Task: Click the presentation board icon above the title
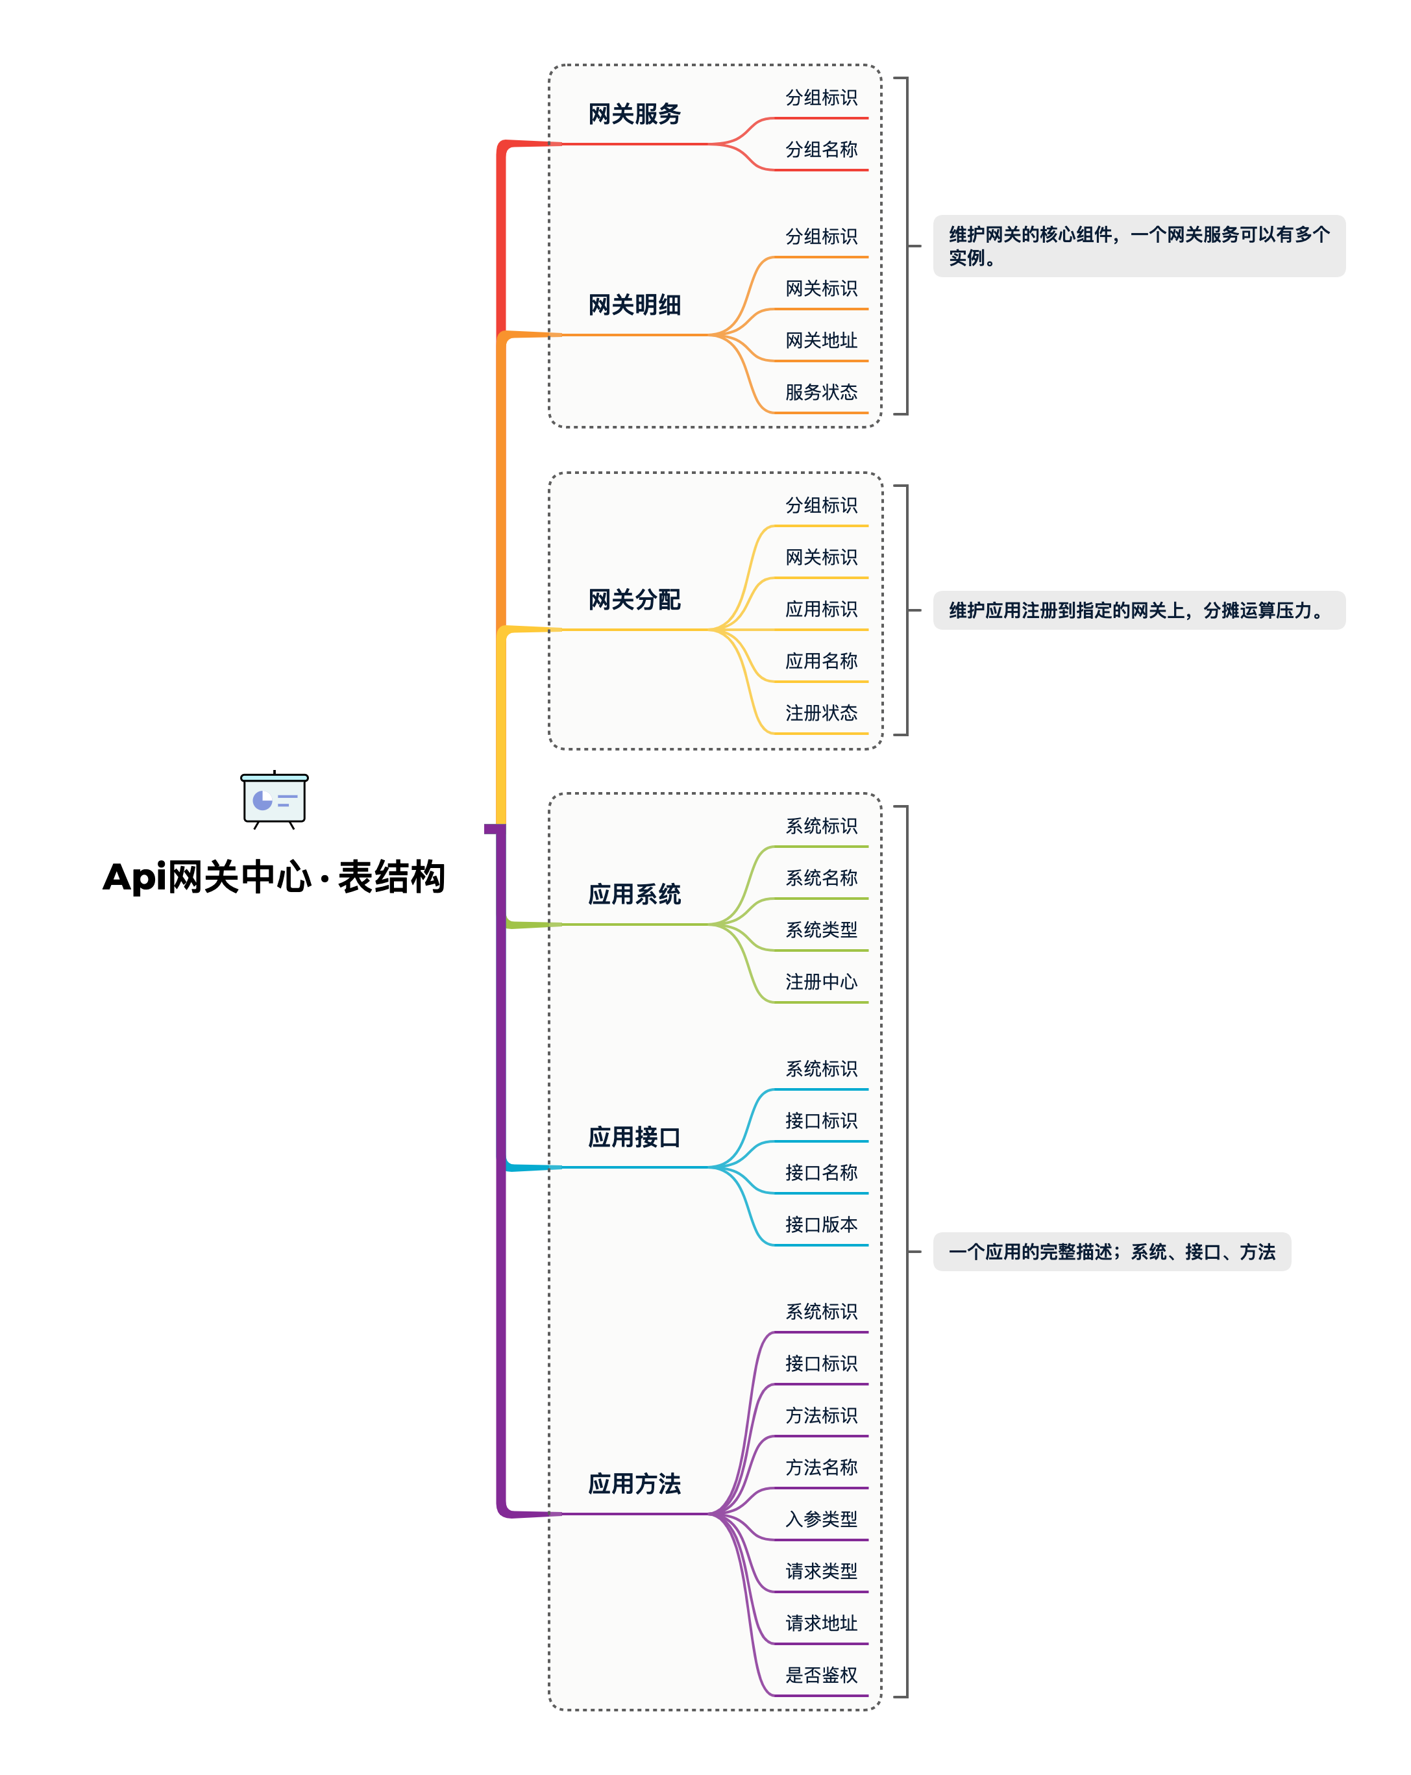(274, 799)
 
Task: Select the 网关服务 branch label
(634, 114)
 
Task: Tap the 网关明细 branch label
(634, 304)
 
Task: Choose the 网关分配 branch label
(634, 599)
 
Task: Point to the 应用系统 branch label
(634, 894)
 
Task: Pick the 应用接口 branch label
(634, 1137)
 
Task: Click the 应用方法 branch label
(634, 1483)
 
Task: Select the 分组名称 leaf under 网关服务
(821, 150)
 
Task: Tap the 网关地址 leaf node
(821, 340)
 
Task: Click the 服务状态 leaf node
(821, 392)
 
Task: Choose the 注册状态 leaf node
(821, 713)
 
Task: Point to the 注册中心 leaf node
(821, 982)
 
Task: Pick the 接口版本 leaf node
(821, 1224)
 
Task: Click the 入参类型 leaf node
(821, 1519)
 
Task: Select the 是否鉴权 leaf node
(821, 1674)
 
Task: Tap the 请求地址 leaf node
(821, 1622)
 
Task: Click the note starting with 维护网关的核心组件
(1138, 246)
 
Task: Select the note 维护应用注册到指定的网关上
(1138, 610)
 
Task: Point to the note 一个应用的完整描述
(1111, 1251)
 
